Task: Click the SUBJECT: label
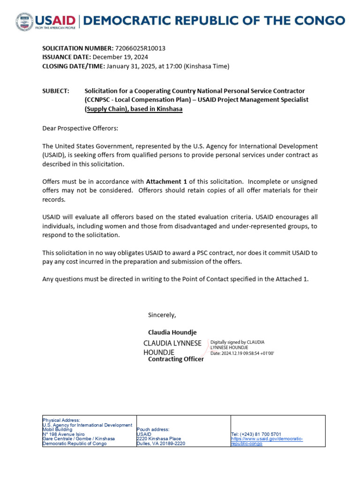[56, 90]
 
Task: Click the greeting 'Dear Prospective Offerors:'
[80, 128]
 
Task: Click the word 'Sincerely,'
[162, 315]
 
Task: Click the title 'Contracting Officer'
[176, 359]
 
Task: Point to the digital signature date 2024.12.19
[239, 352]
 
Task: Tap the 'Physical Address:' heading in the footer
[61, 420]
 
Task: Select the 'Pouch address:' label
[153, 429]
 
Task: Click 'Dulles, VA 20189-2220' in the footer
[161, 443]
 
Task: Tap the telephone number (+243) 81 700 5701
[256, 434]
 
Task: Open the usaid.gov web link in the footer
[267, 441]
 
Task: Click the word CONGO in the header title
[319, 20]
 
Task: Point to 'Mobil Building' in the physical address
[57, 429]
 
